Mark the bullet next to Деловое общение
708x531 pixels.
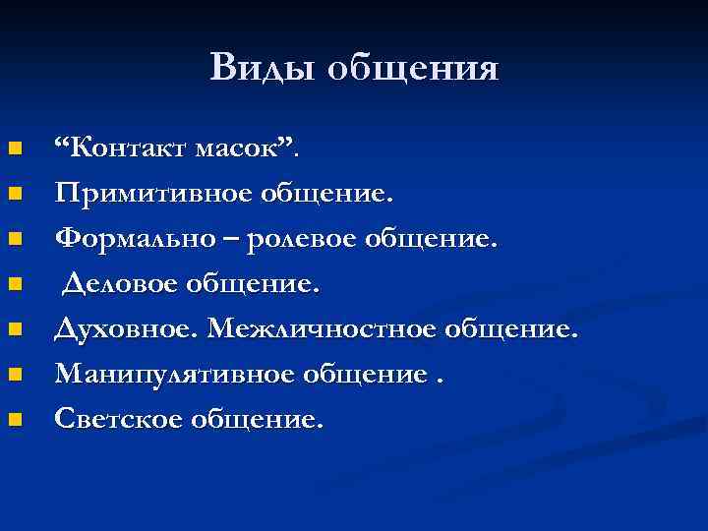(x=15, y=285)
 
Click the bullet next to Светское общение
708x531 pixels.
(x=15, y=421)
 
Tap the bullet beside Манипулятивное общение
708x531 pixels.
(x=15, y=376)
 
